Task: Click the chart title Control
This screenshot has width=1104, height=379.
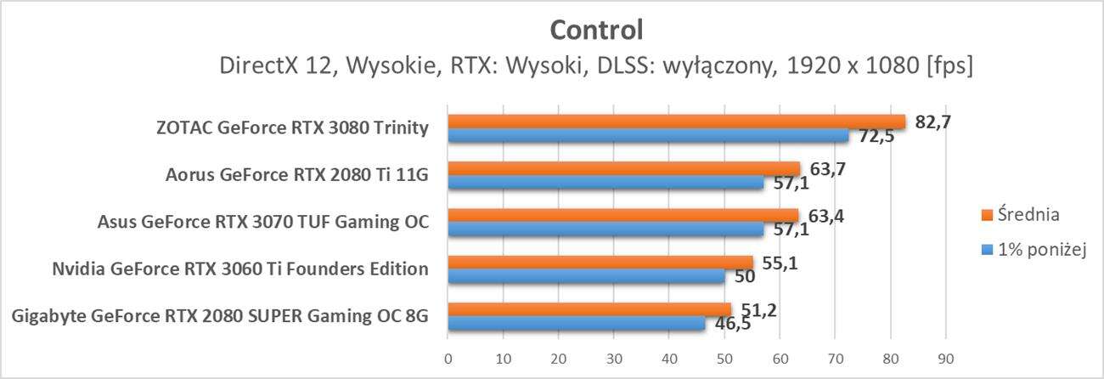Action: [x=596, y=30]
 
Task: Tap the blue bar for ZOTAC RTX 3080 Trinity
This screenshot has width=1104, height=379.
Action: [x=648, y=135]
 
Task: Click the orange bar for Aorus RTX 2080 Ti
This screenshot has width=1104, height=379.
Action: [x=623, y=168]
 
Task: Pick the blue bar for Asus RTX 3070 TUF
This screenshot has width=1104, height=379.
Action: [x=606, y=229]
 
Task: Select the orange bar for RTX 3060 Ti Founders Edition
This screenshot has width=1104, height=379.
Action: [x=600, y=263]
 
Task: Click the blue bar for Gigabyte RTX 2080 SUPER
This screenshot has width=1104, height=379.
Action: [x=576, y=323]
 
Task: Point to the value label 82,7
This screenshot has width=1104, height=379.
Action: [x=932, y=121]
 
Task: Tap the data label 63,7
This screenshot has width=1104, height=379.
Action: [x=825, y=168]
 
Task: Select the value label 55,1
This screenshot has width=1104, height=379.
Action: [x=780, y=263]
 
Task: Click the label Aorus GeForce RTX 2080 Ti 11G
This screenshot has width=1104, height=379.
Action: [x=296, y=176]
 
